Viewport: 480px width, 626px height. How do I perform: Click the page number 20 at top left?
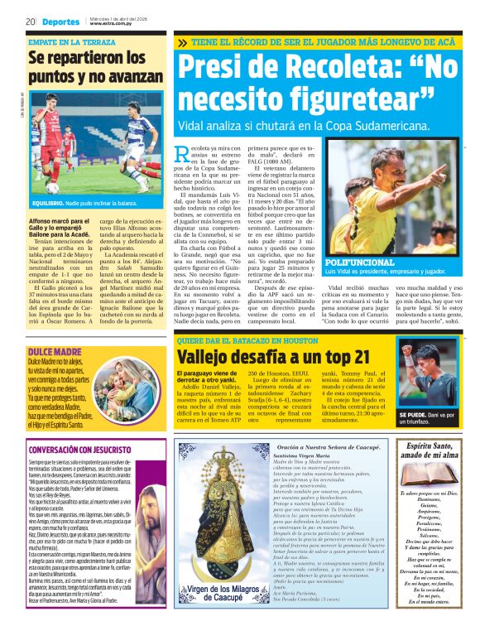point(30,21)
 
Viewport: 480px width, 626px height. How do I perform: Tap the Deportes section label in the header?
point(61,21)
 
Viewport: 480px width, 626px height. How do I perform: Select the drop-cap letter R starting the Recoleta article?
point(184,152)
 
